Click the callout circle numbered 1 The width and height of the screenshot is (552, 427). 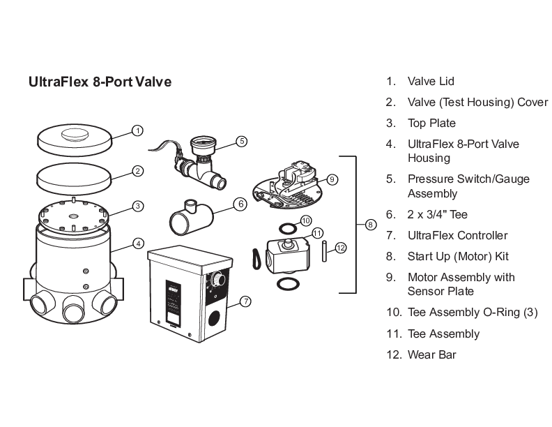coord(138,130)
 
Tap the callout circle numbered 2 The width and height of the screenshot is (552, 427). coord(138,170)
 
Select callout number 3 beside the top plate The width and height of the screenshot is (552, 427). coord(138,206)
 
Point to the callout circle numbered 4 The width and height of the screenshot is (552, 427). coord(138,244)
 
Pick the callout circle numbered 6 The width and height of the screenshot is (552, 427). coord(240,204)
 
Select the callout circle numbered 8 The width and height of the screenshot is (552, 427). coord(370,225)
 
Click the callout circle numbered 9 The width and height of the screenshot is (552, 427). coord(332,179)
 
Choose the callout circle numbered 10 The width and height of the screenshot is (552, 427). coord(305,220)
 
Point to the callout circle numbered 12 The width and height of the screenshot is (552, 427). coord(340,248)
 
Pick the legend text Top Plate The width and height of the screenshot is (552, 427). coord(431,123)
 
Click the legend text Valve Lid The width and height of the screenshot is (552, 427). coord(431,82)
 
